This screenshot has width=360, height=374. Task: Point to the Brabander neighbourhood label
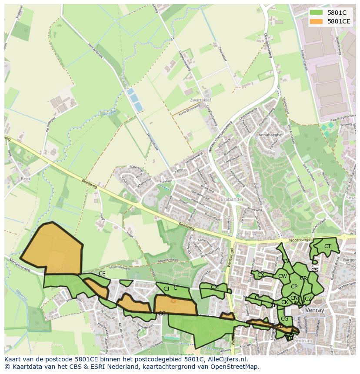(232, 199)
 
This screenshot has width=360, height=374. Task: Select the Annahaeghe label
(270, 135)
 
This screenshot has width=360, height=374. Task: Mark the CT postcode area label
(327, 246)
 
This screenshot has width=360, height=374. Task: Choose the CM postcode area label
(214, 287)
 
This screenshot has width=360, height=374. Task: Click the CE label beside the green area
(102, 274)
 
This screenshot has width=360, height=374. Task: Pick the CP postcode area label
(294, 286)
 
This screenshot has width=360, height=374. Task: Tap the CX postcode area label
(260, 275)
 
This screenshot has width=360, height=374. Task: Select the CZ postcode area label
(308, 298)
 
